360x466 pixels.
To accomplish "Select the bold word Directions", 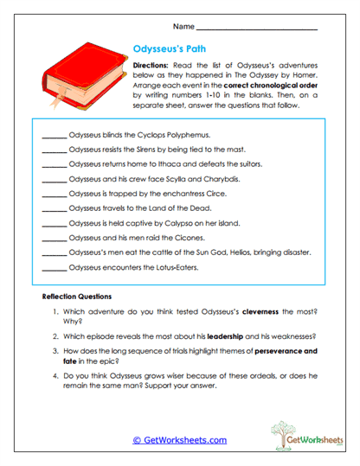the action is [x=156, y=66].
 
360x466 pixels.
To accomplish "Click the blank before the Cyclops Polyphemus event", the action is [x=54, y=137].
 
